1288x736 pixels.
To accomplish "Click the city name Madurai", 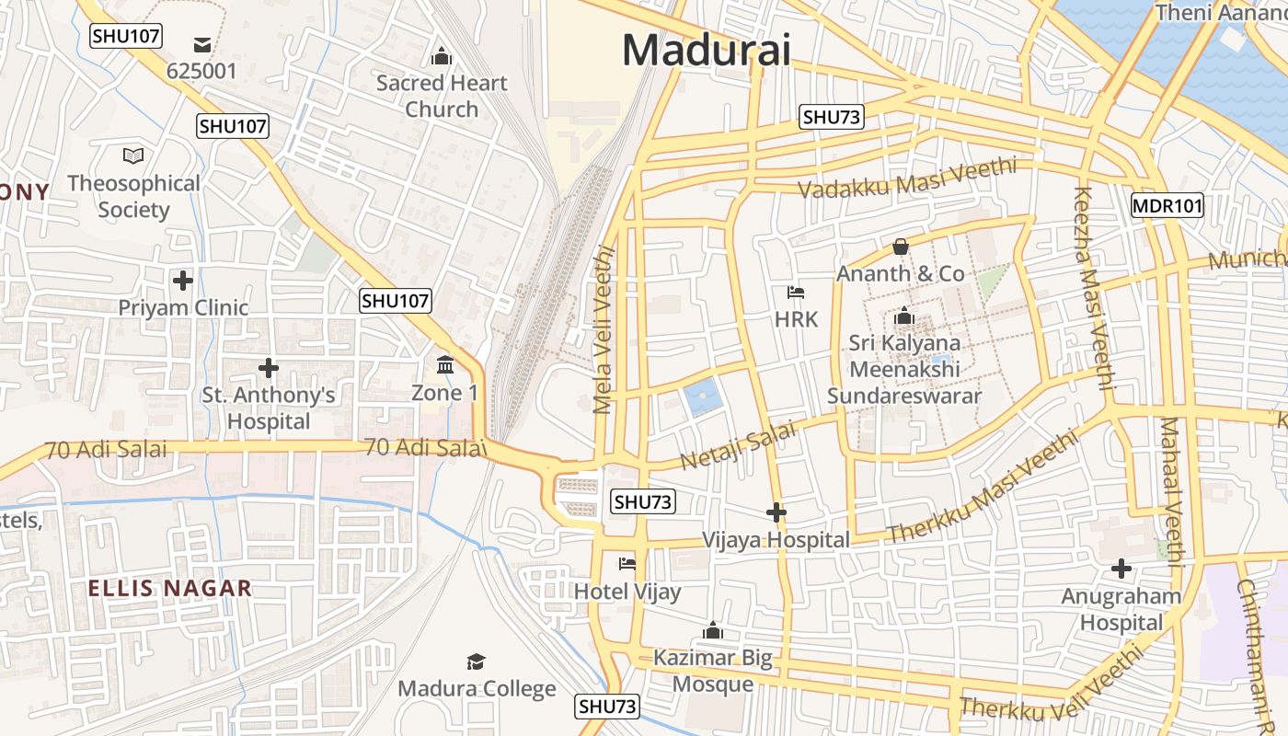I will pyautogui.click(x=706, y=49).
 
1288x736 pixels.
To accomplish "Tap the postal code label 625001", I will pyautogui.click(x=201, y=71).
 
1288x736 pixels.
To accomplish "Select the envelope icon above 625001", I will pyautogui.click(x=201, y=44).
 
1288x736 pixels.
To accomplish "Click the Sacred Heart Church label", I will pyautogui.click(x=442, y=96).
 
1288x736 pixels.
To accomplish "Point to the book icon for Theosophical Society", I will pyautogui.click(x=133, y=155).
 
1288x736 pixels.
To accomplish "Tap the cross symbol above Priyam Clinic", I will pyautogui.click(x=183, y=280).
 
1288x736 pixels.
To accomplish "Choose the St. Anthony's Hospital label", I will pyautogui.click(x=269, y=408).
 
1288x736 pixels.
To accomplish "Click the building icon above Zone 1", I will pyautogui.click(x=445, y=365).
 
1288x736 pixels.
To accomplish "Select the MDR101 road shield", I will pyautogui.click(x=1167, y=205).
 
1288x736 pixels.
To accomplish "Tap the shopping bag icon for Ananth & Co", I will pyautogui.click(x=901, y=247).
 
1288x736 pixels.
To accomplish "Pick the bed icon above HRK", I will pyautogui.click(x=796, y=293).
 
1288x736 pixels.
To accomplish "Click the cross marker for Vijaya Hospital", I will pyautogui.click(x=776, y=512).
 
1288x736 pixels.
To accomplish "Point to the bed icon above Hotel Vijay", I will pyautogui.click(x=627, y=563).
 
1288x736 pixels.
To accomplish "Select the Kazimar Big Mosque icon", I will pyautogui.click(x=712, y=631).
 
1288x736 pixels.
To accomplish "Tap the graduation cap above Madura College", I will pyautogui.click(x=476, y=661).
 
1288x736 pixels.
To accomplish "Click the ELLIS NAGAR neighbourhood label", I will pyautogui.click(x=169, y=589).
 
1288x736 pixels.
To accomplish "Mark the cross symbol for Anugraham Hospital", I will pyautogui.click(x=1121, y=569).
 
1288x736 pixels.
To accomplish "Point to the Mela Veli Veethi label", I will pyautogui.click(x=604, y=328).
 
